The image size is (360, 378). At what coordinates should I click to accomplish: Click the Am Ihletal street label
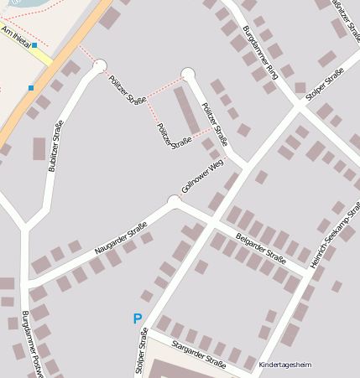coord(16,36)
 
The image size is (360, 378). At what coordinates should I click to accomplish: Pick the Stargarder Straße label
coord(199,355)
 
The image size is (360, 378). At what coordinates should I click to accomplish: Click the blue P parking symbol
coord(138,318)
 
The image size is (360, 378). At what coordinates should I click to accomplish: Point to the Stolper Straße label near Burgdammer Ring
coord(326,85)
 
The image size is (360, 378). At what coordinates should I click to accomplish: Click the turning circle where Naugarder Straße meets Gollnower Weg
coord(175,200)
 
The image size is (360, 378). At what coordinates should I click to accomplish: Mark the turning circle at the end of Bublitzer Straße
coord(100,65)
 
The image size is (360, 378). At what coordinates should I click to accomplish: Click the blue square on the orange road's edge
coord(31,87)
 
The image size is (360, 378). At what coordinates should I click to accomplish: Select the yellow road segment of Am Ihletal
coord(42,57)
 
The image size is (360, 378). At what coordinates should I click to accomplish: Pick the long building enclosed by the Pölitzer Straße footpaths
coord(185,110)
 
